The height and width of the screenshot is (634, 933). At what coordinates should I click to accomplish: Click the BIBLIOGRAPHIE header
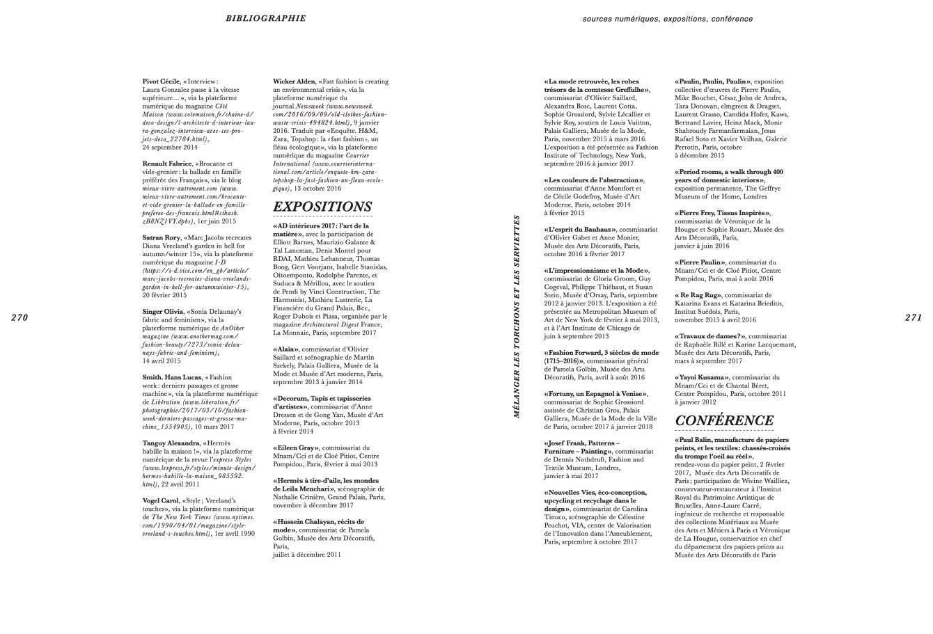(265, 18)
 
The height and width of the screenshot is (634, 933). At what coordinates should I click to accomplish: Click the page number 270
(19, 317)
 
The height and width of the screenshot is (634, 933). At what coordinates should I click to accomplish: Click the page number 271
(913, 317)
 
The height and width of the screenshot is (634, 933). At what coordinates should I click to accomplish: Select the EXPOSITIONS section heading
(322, 207)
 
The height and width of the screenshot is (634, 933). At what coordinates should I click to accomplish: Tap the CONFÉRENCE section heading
(724, 420)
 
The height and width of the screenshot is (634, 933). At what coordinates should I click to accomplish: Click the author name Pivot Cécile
(161, 81)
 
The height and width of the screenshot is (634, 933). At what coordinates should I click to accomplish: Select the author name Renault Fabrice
(166, 164)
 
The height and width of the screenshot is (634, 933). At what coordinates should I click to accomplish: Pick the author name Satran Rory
(161, 237)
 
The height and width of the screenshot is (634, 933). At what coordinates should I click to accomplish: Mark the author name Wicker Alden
(294, 81)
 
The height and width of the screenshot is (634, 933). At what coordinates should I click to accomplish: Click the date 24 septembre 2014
(170, 148)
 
